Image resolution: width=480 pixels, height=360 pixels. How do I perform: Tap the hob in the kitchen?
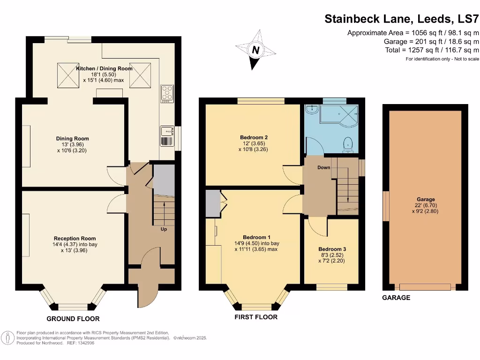(x=166, y=93)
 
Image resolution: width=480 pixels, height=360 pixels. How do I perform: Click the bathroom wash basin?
(x=311, y=109)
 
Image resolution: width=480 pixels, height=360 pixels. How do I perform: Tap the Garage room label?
(x=426, y=199)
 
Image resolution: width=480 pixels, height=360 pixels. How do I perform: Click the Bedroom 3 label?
(x=331, y=249)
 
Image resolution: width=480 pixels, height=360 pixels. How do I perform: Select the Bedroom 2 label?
(x=254, y=137)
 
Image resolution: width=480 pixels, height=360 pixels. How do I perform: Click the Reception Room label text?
(x=72, y=239)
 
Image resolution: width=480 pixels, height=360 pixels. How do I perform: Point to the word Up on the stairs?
(x=164, y=229)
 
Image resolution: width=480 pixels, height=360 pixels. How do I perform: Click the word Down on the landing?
(x=324, y=167)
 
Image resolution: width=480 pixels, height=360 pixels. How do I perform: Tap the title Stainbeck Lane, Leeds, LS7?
(x=402, y=19)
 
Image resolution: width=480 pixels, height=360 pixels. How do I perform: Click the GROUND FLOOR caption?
(x=76, y=319)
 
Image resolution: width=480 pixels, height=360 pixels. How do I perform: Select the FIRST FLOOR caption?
(x=256, y=317)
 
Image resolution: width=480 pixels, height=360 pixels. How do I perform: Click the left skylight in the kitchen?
(x=65, y=75)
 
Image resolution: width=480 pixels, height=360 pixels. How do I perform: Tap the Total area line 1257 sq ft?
(x=432, y=50)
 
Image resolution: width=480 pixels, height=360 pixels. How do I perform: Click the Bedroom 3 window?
(x=331, y=285)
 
